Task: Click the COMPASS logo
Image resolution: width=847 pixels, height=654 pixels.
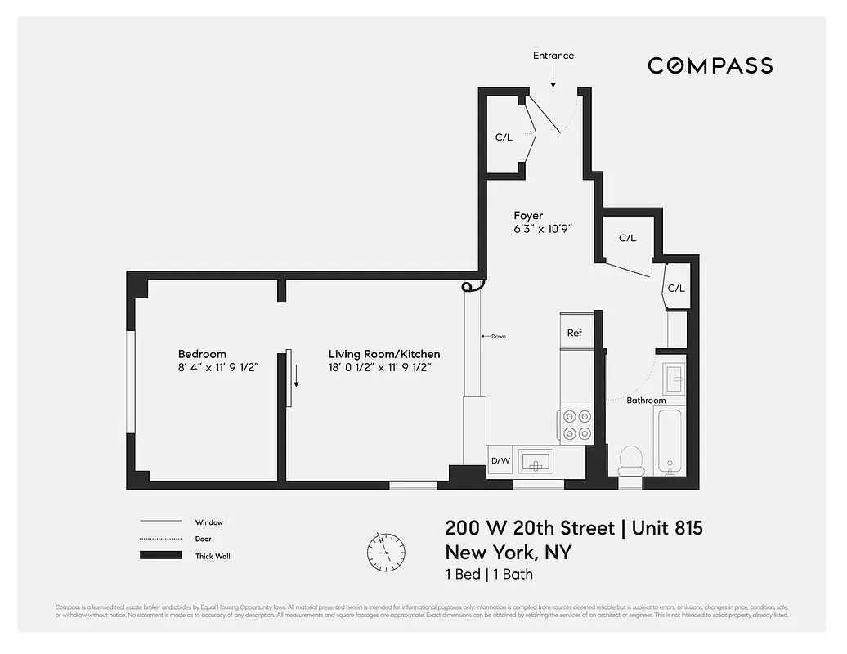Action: (710, 65)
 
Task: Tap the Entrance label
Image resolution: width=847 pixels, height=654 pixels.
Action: (553, 56)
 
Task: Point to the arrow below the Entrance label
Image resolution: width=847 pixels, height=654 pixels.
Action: (553, 77)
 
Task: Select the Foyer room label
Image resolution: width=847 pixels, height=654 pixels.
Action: (528, 216)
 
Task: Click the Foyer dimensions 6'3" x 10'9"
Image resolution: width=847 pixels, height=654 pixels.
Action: (542, 230)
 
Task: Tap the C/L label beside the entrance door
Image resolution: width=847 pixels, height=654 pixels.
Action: (504, 137)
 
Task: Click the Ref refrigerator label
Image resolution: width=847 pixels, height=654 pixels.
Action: (575, 333)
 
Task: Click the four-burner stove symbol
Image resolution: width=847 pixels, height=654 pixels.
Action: (577, 425)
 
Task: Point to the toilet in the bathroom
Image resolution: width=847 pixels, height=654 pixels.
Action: (630, 461)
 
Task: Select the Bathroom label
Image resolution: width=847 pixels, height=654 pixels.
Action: (646, 401)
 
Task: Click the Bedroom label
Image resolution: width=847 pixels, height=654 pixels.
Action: (202, 354)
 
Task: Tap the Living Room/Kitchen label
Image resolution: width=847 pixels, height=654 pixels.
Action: (384, 354)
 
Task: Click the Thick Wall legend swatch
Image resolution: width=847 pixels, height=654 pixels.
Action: (160, 556)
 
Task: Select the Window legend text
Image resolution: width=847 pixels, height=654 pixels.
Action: (208, 522)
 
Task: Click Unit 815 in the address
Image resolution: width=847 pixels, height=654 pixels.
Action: (666, 528)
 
